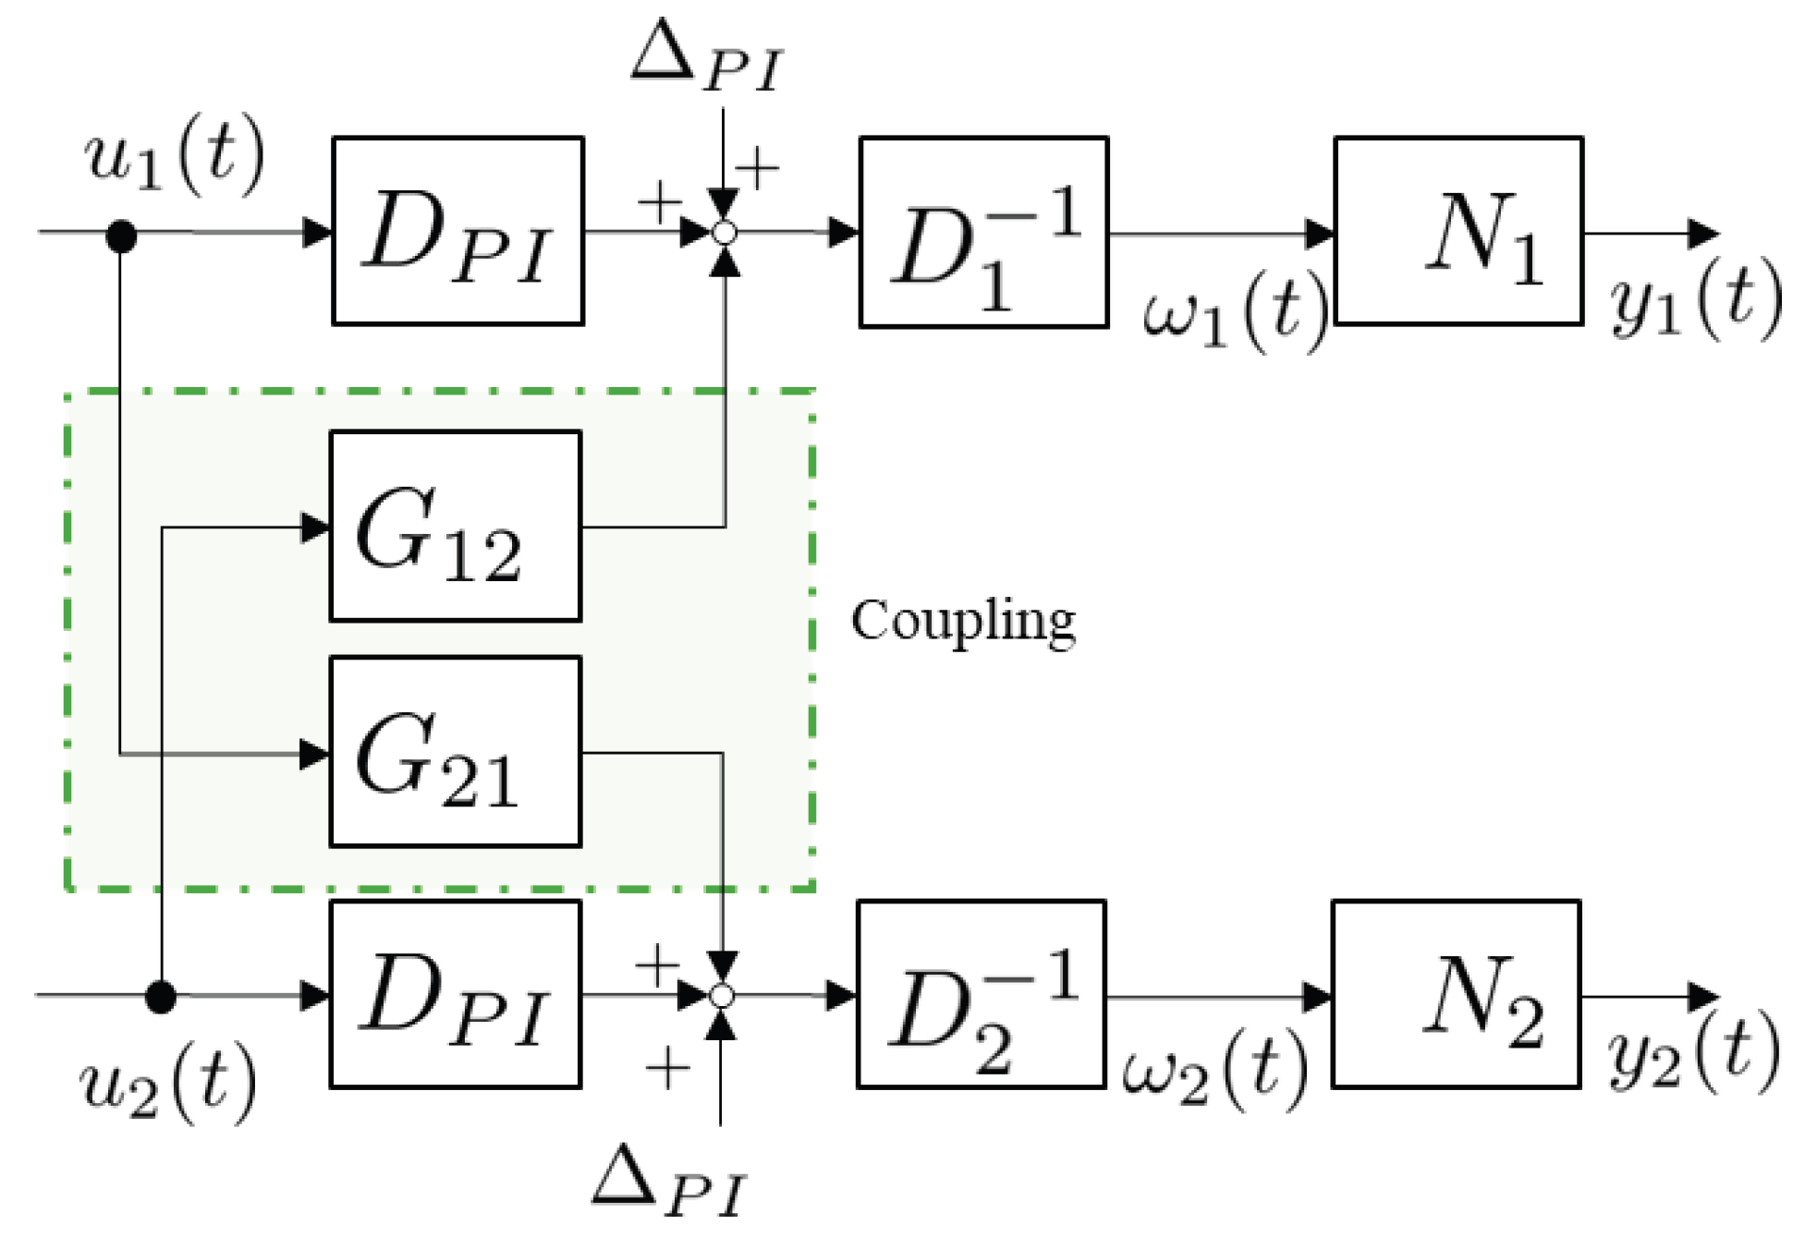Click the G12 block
pyautogui.click(x=456, y=526)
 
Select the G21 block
pyautogui.click(x=456, y=751)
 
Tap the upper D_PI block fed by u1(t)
pyautogui.click(x=457, y=231)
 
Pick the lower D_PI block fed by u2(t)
pyautogui.click(x=456, y=994)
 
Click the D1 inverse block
pyautogui.click(x=983, y=233)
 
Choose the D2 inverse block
pyautogui.click(x=982, y=995)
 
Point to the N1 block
pyautogui.click(x=1458, y=231)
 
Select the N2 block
pyautogui.click(x=1456, y=994)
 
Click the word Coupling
pyautogui.click(x=963, y=620)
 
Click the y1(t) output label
pyautogui.click(x=1694, y=297)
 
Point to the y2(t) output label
pyautogui.click(x=1692, y=1053)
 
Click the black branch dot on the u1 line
pyautogui.click(x=121, y=236)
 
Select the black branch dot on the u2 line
pyautogui.click(x=161, y=997)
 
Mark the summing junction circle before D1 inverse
pyautogui.click(x=726, y=233)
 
